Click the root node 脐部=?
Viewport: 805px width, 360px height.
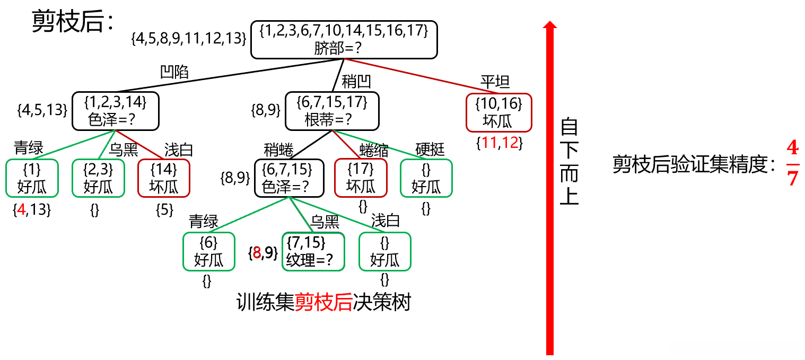click(x=344, y=39)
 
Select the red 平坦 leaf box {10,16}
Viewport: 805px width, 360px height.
click(x=498, y=112)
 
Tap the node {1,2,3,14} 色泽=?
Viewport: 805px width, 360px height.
click(x=116, y=111)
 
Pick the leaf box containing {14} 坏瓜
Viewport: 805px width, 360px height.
click(x=163, y=178)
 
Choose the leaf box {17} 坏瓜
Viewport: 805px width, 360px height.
click(x=361, y=178)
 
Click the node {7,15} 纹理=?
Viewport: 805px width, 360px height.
click(x=313, y=251)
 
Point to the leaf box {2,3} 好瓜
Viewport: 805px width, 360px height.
click(x=98, y=178)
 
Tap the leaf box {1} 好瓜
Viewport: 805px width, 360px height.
click(x=32, y=178)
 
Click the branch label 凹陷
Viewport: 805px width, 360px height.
click(x=174, y=72)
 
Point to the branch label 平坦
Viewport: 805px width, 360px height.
click(x=495, y=82)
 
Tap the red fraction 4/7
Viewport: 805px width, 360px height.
click(x=792, y=164)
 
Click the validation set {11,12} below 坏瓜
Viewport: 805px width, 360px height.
click(x=499, y=143)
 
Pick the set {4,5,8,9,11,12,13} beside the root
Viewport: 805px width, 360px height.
click(x=189, y=39)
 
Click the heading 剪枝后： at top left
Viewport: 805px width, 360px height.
click(x=73, y=22)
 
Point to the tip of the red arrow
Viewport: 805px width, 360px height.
click(x=550, y=22)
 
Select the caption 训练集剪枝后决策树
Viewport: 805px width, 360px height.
click(x=323, y=302)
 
